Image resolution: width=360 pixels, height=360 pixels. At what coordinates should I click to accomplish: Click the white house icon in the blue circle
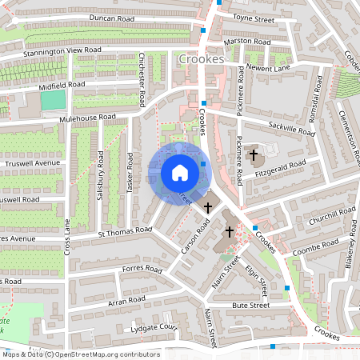(180, 172)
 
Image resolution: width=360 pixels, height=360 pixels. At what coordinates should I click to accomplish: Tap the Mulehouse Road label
(87, 118)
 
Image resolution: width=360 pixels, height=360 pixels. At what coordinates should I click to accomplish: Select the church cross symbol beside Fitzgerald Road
(254, 154)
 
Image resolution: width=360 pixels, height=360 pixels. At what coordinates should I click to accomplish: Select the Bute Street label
(250, 305)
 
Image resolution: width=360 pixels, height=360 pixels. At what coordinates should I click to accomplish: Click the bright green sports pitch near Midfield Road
(52, 100)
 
